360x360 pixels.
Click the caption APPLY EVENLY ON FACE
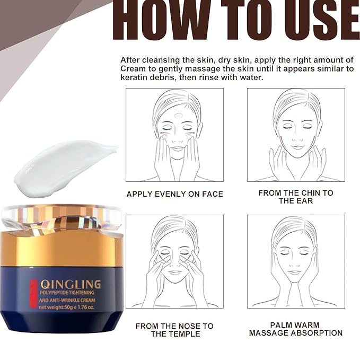[174, 195]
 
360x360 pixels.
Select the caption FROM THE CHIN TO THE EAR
[296, 197]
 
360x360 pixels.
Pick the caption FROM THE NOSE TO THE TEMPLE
[174, 329]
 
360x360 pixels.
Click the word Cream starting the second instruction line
[133, 69]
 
